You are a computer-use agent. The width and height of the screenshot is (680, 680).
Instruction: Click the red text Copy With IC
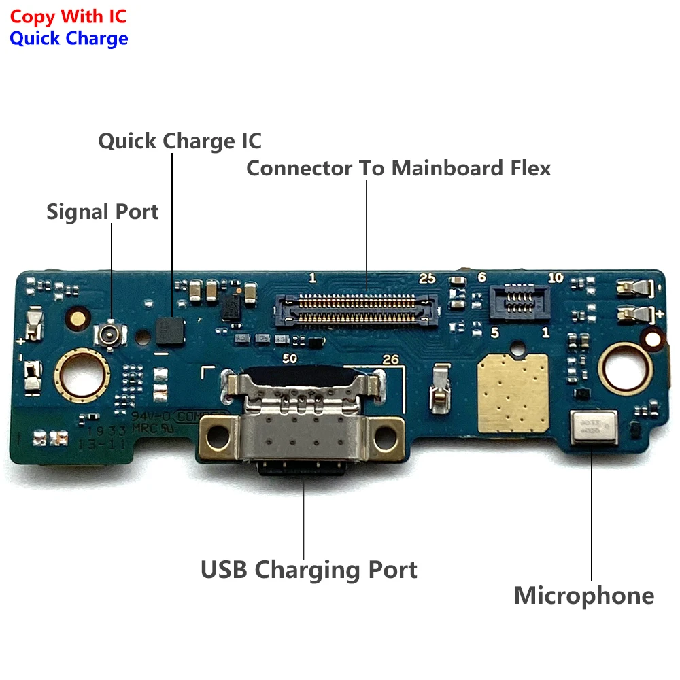[68, 16]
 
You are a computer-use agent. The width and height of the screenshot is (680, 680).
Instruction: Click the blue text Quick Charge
[69, 38]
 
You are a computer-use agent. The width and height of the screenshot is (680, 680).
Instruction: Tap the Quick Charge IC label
[180, 141]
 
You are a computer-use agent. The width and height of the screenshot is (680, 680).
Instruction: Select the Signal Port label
[102, 211]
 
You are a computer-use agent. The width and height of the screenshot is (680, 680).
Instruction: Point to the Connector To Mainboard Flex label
[398, 168]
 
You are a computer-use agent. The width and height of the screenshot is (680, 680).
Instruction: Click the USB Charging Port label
[309, 569]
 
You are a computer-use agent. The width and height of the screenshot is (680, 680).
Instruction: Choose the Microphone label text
[583, 596]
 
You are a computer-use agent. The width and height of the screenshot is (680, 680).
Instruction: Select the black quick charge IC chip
[170, 330]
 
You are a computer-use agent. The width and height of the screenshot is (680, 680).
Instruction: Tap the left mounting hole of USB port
[217, 432]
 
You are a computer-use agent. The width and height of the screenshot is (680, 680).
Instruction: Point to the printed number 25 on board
[426, 278]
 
